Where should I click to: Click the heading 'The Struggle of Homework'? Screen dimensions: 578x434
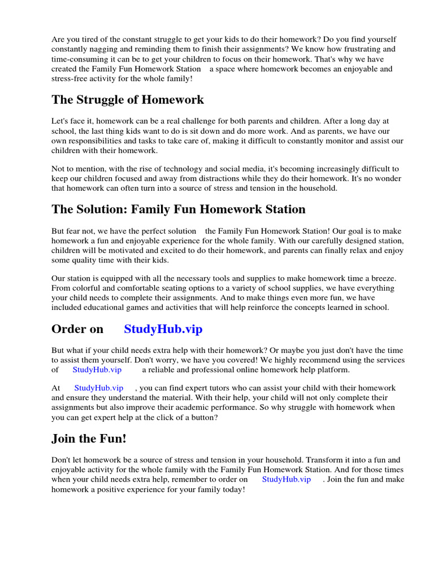[x=128, y=100]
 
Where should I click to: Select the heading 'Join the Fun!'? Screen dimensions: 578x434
[x=89, y=439]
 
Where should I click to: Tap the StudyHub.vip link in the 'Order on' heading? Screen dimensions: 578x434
[x=163, y=329]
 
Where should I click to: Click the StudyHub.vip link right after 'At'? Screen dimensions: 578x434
[x=98, y=388]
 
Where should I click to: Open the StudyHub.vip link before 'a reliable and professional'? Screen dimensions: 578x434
[x=97, y=370]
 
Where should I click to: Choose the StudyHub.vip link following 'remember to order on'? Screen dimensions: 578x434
[x=286, y=479]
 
